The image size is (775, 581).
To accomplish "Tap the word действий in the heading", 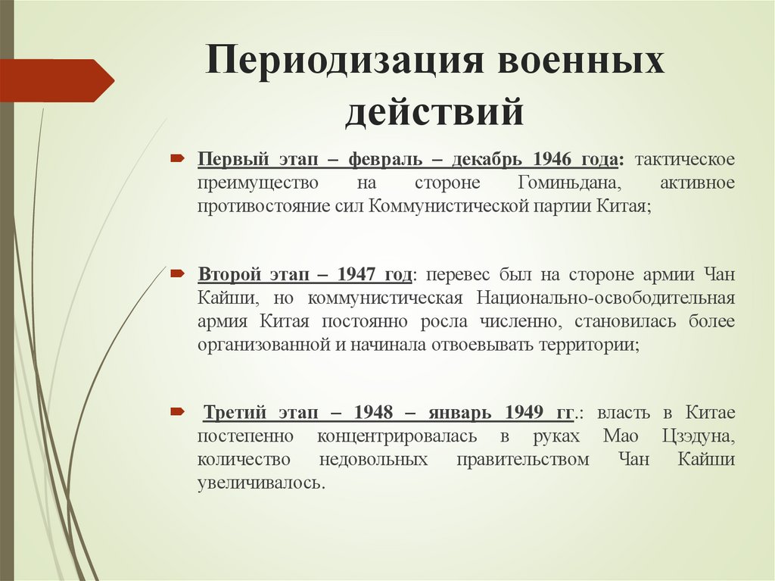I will point(434,111).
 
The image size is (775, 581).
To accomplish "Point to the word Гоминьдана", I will point(569,183).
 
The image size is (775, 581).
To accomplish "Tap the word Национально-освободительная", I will point(606,297).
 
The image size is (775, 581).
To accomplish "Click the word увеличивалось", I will point(261,482).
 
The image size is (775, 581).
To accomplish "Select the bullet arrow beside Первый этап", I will point(176,159).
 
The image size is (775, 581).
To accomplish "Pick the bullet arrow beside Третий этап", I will point(176,411).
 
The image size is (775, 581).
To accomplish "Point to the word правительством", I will point(522,459).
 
